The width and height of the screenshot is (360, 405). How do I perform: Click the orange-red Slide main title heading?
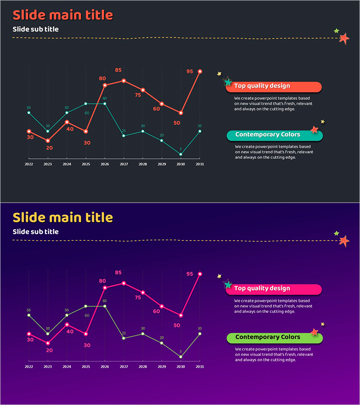[63, 15]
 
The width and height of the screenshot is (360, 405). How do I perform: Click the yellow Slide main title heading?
[63, 217]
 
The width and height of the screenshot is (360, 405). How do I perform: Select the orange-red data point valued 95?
[200, 72]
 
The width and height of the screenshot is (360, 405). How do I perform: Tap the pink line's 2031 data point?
[200, 274]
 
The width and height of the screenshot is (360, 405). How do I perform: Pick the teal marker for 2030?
[181, 154]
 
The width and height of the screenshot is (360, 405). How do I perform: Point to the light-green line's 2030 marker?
[181, 357]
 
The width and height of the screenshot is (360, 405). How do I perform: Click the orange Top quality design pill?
[274, 86]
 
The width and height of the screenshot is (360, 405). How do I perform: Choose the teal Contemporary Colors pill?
[274, 135]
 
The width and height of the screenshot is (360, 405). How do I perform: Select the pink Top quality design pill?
[274, 289]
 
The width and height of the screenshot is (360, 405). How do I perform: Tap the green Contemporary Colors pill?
[274, 337]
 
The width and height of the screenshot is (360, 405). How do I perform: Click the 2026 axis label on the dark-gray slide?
[104, 164]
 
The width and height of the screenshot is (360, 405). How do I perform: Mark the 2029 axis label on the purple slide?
[162, 367]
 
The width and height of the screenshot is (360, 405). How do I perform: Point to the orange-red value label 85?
[118, 70]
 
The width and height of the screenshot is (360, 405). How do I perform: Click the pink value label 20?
[49, 350]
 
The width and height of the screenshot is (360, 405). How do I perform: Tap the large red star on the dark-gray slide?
[344, 39]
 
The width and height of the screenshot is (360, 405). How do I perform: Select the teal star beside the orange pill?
[228, 82]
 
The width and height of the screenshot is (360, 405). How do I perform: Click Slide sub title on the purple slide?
[36, 232]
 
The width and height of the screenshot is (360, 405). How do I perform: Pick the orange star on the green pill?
[315, 332]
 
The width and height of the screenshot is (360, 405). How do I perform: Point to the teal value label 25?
[124, 131]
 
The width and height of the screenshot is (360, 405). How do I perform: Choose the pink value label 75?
[138, 297]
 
